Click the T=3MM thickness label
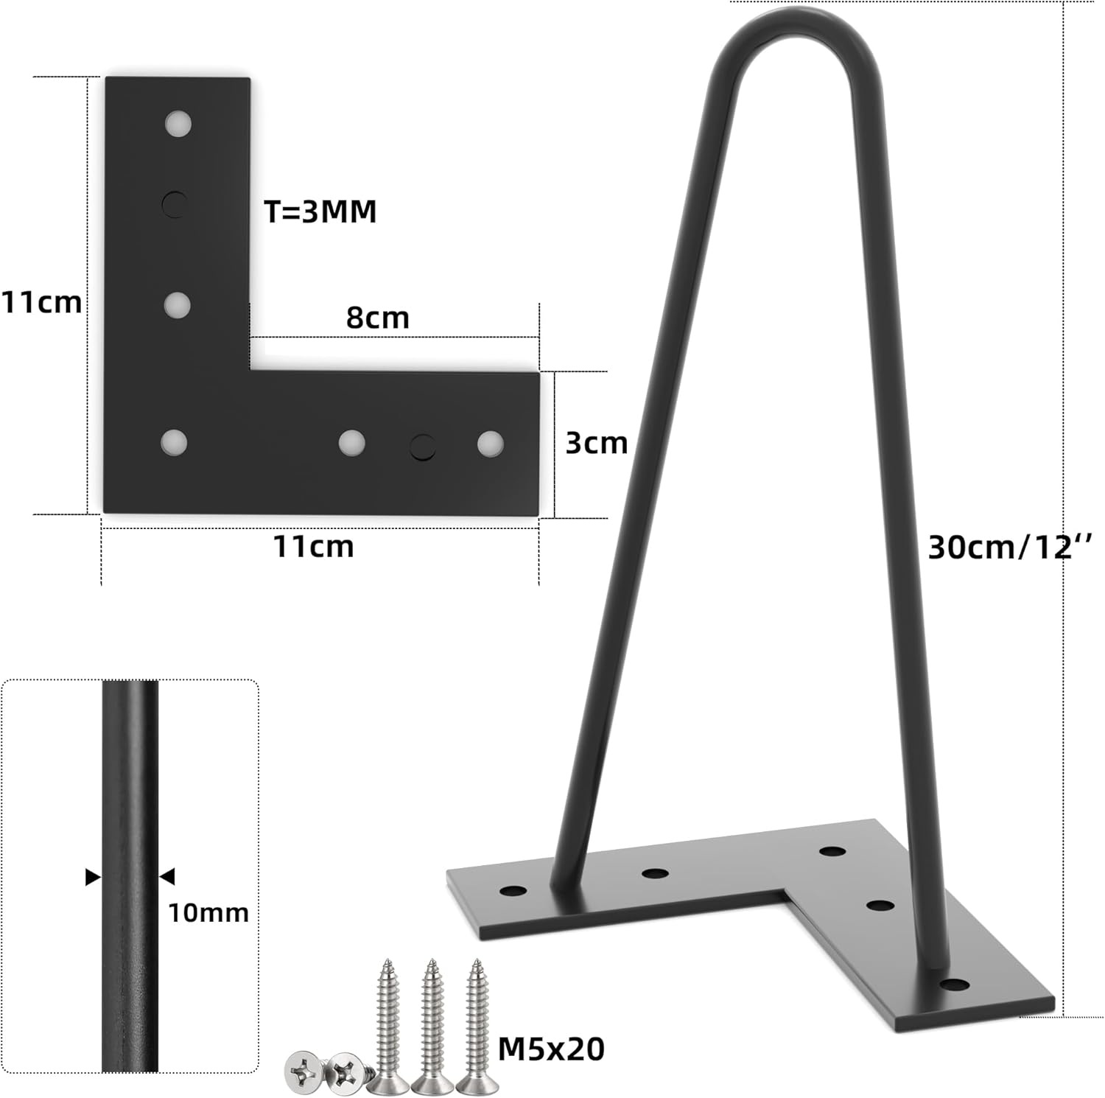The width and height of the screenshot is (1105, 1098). pos(320,212)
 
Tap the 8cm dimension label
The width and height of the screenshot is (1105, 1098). pos(378,318)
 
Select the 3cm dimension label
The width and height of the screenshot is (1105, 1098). pos(596,443)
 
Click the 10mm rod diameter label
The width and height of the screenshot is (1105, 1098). pos(208,913)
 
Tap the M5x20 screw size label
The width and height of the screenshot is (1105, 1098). pos(551,1049)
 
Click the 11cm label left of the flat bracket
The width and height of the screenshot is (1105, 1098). pos(41,302)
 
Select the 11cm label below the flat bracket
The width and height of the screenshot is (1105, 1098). pos(314,547)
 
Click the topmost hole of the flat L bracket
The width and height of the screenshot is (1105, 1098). pos(178,123)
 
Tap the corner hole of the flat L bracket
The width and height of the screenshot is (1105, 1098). pos(174,442)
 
